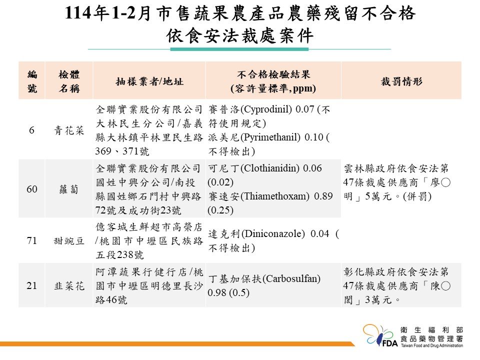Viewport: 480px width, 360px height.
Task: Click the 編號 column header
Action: (x=32, y=81)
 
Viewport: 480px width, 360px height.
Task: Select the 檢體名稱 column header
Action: (x=69, y=81)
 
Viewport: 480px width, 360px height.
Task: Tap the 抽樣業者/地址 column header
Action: (x=149, y=81)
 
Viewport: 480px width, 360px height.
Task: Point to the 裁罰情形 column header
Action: (x=401, y=81)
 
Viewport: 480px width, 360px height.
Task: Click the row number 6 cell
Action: (x=31, y=130)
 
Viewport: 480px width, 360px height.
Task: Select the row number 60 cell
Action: (x=32, y=189)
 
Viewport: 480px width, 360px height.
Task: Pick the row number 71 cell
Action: (x=32, y=240)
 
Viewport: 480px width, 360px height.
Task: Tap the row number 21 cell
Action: (x=32, y=285)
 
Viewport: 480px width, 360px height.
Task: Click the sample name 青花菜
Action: (x=69, y=130)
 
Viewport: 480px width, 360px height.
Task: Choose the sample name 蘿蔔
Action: (x=69, y=189)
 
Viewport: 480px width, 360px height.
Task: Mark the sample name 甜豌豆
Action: (x=69, y=241)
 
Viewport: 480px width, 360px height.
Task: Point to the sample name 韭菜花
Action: (x=69, y=286)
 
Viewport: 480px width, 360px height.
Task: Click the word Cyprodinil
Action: (x=266, y=109)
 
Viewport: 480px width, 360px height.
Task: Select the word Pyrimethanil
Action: (x=270, y=137)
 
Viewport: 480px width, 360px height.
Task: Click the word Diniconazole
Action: (x=273, y=233)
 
